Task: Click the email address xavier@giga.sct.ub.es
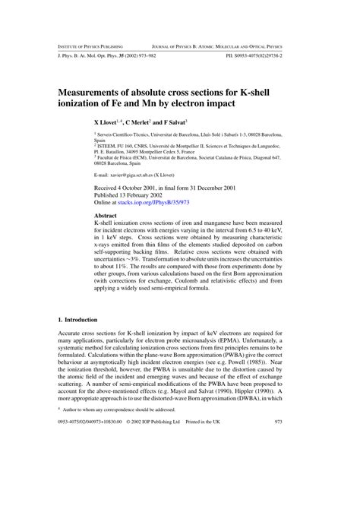coord(127,174)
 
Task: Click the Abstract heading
coord(104,216)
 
